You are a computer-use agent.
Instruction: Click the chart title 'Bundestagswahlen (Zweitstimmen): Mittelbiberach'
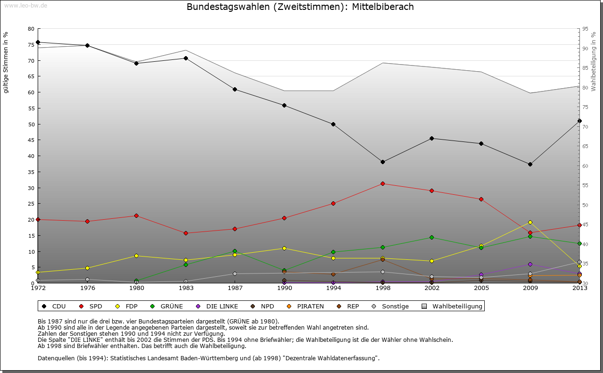pyautogui.click(x=300, y=7)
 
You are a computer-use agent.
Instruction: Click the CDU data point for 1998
pyautogui.click(x=383, y=162)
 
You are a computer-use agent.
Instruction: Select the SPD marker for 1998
pyautogui.click(x=383, y=183)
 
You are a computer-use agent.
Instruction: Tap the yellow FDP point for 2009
pyautogui.click(x=530, y=222)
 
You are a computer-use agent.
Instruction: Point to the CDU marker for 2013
pyautogui.click(x=579, y=121)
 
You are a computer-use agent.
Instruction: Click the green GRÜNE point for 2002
pyautogui.click(x=432, y=237)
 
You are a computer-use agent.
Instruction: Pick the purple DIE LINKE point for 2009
pyautogui.click(x=530, y=264)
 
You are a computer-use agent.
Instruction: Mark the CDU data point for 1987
pyautogui.click(x=235, y=89)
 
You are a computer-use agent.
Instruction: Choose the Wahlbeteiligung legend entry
pyautogui.click(x=457, y=306)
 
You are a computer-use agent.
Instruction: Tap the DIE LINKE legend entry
pyautogui.click(x=222, y=306)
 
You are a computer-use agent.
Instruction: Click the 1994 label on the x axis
pyautogui.click(x=333, y=288)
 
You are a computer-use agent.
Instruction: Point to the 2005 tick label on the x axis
pyautogui.click(x=481, y=288)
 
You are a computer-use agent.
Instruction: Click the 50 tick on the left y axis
pyautogui.click(x=31, y=124)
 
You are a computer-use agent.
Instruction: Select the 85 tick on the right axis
pyautogui.click(x=586, y=68)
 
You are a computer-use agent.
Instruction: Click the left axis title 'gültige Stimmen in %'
pyautogui.click(x=6, y=62)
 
